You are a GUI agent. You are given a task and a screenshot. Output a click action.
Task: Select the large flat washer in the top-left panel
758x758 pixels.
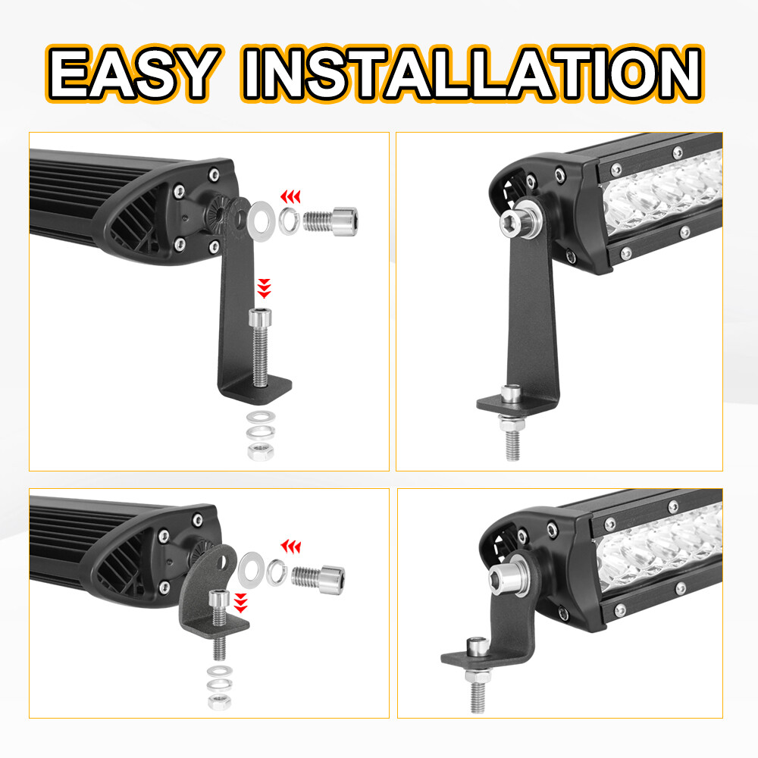[x=260, y=217]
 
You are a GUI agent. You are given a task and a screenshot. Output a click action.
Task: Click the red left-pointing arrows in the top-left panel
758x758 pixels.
[x=291, y=197]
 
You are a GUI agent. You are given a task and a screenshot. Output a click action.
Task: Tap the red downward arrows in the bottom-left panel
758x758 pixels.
[x=241, y=603]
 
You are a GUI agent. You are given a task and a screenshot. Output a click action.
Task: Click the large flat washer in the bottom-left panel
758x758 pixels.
[x=250, y=569]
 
